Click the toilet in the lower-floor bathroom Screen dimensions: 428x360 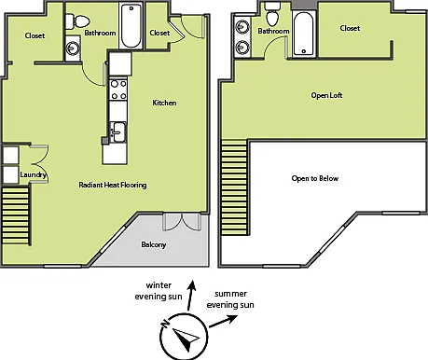[x=77, y=21]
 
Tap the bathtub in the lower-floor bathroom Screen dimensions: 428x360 [x=131, y=26]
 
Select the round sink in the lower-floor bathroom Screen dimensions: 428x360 [x=73, y=48]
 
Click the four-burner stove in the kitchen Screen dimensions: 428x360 [x=118, y=90]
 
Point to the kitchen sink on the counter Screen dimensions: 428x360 [x=118, y=132]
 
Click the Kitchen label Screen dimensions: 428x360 [x=164, y=103]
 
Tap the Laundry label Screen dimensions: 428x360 [x=33, y=174]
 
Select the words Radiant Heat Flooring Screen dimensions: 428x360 [x=113, y=185]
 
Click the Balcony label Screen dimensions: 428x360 [x=154, y=244]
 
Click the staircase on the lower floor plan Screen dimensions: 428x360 [x=15, y=215]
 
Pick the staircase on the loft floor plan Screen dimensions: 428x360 [x=234, y=187]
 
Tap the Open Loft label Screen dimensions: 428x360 [x=326, y=95]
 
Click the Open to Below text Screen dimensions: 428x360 [x=315, y=178]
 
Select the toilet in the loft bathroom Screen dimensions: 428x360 [x=273, y=14]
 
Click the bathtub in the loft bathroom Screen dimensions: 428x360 [x=303, y=34]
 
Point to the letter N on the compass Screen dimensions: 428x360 [x=165, y=324]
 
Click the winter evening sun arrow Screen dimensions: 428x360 [x=191, y=296]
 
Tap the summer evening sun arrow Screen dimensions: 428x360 [x=224, y=321]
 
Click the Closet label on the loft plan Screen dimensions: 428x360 [x=350, y=28]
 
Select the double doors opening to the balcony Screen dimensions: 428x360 [x=182, y=222]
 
